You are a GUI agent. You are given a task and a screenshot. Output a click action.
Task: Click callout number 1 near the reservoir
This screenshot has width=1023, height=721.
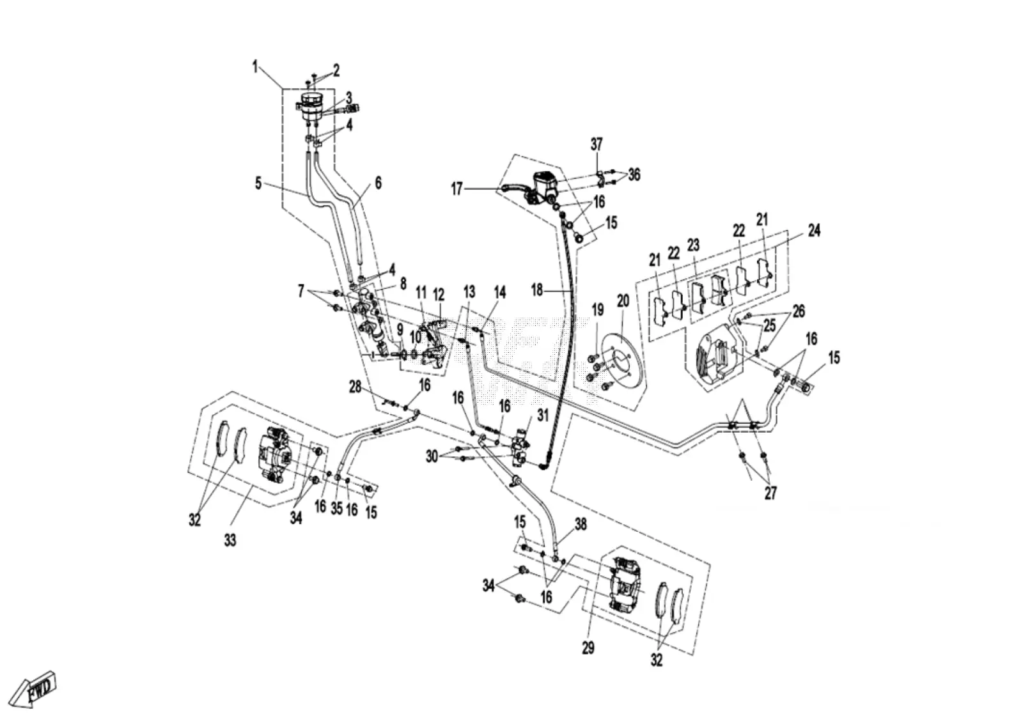tap(256, 68)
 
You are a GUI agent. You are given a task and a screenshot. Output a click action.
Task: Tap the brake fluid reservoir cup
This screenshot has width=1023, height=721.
tap(311, 107)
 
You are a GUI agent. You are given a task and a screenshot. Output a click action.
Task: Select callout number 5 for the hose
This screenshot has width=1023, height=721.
tap(258, 184)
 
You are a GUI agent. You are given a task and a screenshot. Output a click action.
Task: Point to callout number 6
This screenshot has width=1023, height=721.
tap(378, 183)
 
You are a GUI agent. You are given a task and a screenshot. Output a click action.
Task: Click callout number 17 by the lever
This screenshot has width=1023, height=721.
tap(457, 189)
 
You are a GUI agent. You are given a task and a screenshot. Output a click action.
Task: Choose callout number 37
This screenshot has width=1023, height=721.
tap(597, 144)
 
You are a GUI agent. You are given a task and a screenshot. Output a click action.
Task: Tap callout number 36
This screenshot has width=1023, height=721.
tap(634, 174)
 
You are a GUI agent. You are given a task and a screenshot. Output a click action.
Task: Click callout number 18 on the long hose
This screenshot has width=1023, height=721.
tap(537, 290)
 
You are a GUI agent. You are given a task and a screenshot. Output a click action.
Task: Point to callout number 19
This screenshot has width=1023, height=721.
tap(597, 309)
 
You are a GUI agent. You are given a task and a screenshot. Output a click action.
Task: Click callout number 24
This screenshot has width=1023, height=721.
tap(814, 231)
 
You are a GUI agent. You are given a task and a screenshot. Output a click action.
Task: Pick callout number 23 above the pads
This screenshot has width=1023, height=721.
tap(693, 245)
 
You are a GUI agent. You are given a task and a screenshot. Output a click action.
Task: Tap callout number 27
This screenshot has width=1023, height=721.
tap(770, 493)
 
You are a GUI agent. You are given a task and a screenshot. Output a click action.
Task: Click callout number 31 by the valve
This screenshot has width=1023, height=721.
tap(543, 415)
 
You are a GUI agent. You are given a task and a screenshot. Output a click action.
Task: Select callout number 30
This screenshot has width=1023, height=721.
tap(432, 456)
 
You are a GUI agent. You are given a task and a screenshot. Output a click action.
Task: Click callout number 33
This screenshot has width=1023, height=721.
tap(230, 541)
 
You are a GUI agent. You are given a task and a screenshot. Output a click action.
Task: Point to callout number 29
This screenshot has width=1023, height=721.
tap(588, 647)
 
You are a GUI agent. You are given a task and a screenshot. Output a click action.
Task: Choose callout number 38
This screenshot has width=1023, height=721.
tap(581, 525)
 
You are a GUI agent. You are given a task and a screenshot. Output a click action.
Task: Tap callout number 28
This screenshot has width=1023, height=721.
tap(355, 387)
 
